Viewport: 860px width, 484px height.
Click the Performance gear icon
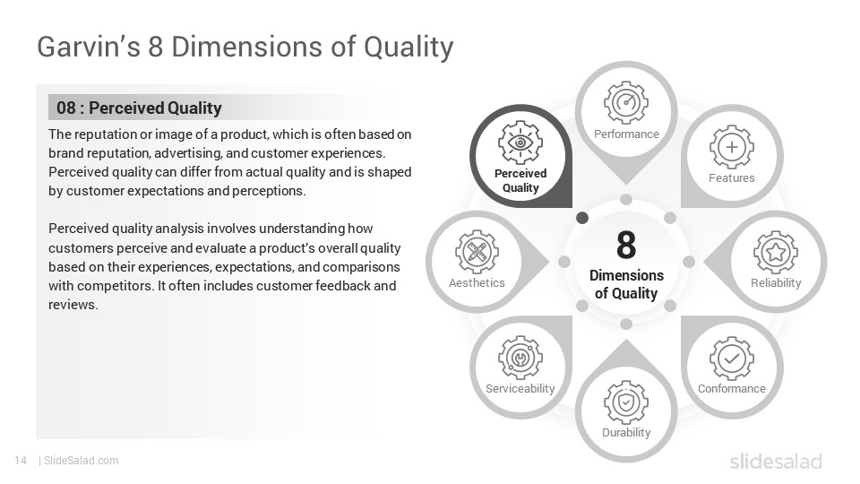[x=625, y=102]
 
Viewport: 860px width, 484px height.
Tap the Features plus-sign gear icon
[x=731, y=147]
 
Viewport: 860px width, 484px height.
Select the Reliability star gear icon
[x=775, y=252]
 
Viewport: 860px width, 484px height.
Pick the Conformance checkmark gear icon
[x=731, y=358]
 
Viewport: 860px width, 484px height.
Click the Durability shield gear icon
[x=625, y=402]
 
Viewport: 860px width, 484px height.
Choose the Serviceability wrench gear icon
[x=520, y=358]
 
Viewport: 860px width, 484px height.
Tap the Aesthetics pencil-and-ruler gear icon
[x=477, y=252]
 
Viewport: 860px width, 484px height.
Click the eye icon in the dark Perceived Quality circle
[x=520, y=143]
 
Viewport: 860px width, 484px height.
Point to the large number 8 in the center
[x=625, y=245]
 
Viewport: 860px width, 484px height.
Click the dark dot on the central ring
[x=582, y=218]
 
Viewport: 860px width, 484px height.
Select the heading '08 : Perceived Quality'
[x=139, y=108]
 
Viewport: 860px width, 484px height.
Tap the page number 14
[x=21, y=461]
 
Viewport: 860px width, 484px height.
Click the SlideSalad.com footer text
[x=81, y=461]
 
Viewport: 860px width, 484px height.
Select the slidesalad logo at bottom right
[x=775, y=462]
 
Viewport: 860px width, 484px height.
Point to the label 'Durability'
[x=625, y=433]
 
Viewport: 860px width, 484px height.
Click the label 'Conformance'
[x=731, y=389]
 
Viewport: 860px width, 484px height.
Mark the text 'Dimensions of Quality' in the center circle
[x=625, y=284]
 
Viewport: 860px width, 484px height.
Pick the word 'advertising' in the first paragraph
[x=192, y=152]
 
